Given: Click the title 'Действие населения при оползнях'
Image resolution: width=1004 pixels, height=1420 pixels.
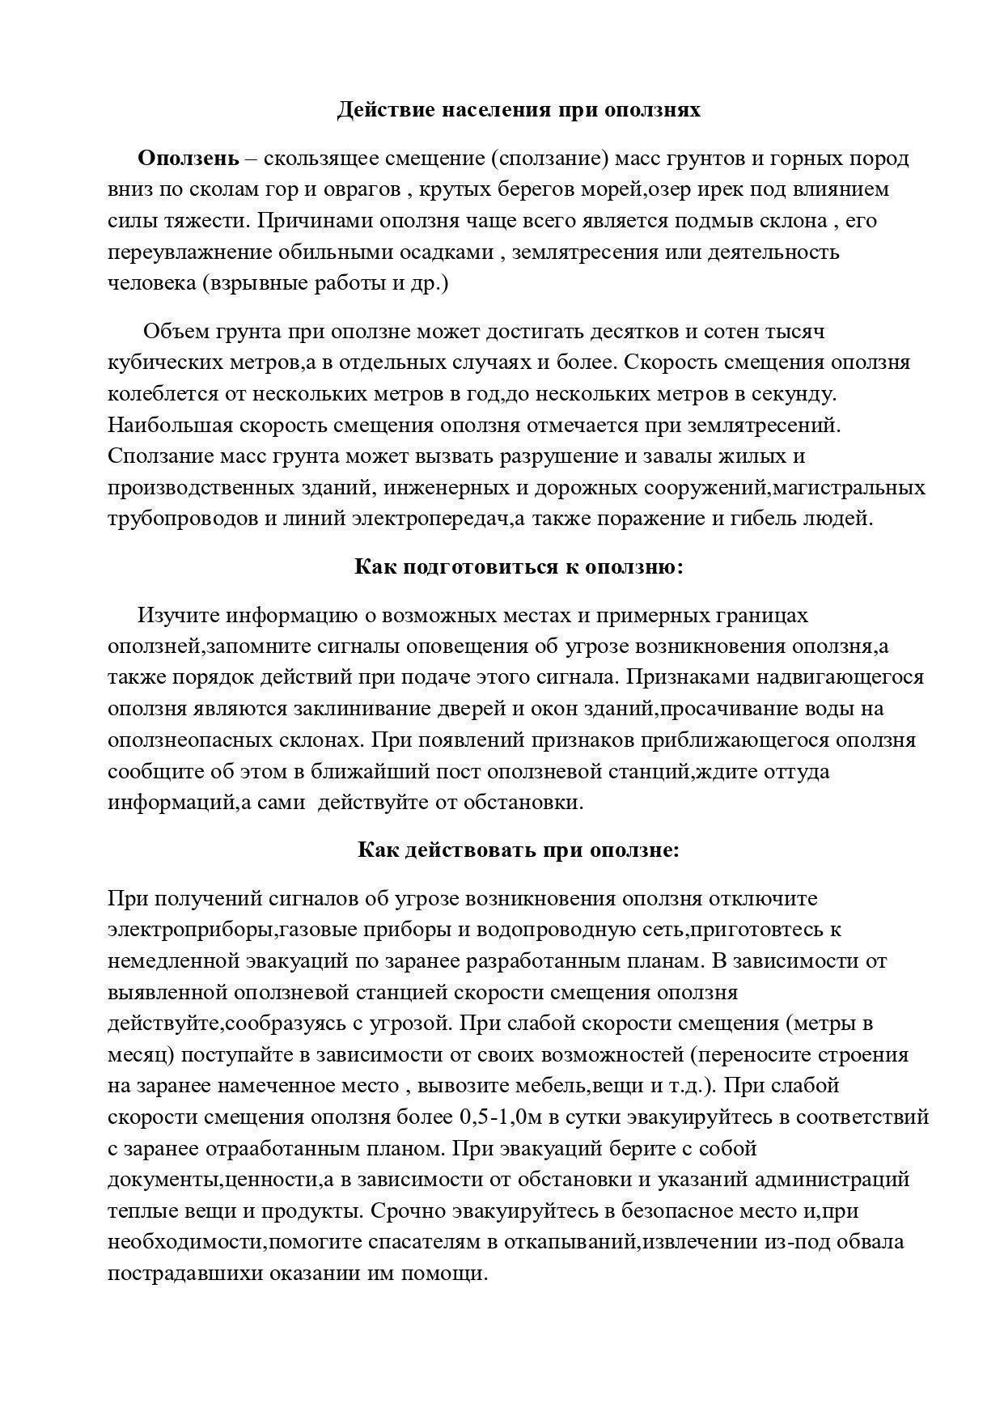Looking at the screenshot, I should click(519, 110).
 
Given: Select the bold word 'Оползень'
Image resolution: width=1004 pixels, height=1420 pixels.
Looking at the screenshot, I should click(188, 158).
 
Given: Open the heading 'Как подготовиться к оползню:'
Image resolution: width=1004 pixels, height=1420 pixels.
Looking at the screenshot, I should click(519, 567).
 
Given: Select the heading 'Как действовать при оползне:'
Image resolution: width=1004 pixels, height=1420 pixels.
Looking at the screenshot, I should click(519, 851).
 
